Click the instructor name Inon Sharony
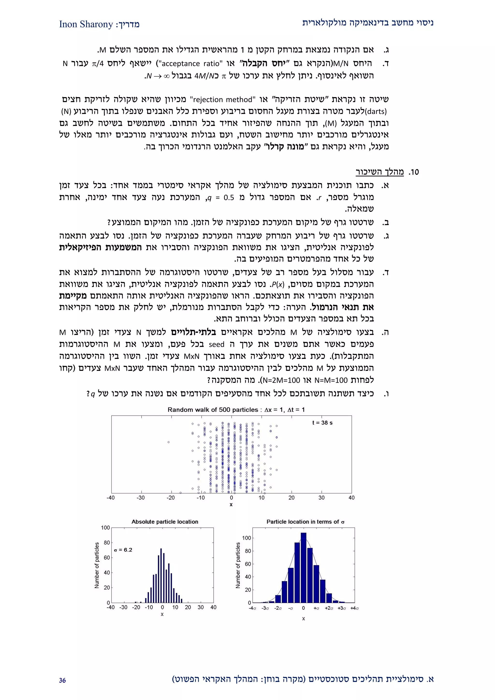pyautogui.click(x=86, y=24)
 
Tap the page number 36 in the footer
pyautogui.click(x=63, y=680)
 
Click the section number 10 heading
pyautogui.click(x=414, y=172)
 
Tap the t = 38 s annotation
pyautogui.click(x=322, y=423)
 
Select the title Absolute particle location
pyautogui.click(x=165, y=522)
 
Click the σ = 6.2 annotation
pyautogui.click(x=123, y=550)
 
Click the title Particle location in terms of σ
pyautogui.click(x=305, y=522)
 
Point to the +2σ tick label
pyautogui.click(x=329, y=608)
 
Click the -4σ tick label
pyautogui.click(x=252, y=608)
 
